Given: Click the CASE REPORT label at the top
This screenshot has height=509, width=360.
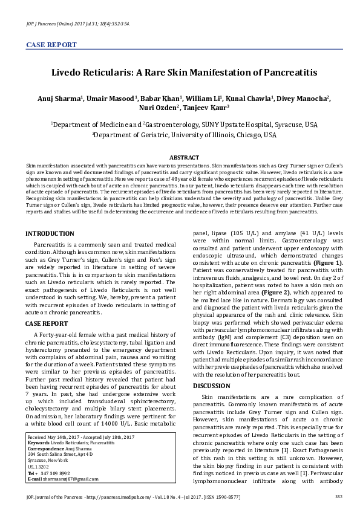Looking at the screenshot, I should [x=51, y=45].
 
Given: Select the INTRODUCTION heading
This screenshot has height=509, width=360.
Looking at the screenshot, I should [x=49, y=233].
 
